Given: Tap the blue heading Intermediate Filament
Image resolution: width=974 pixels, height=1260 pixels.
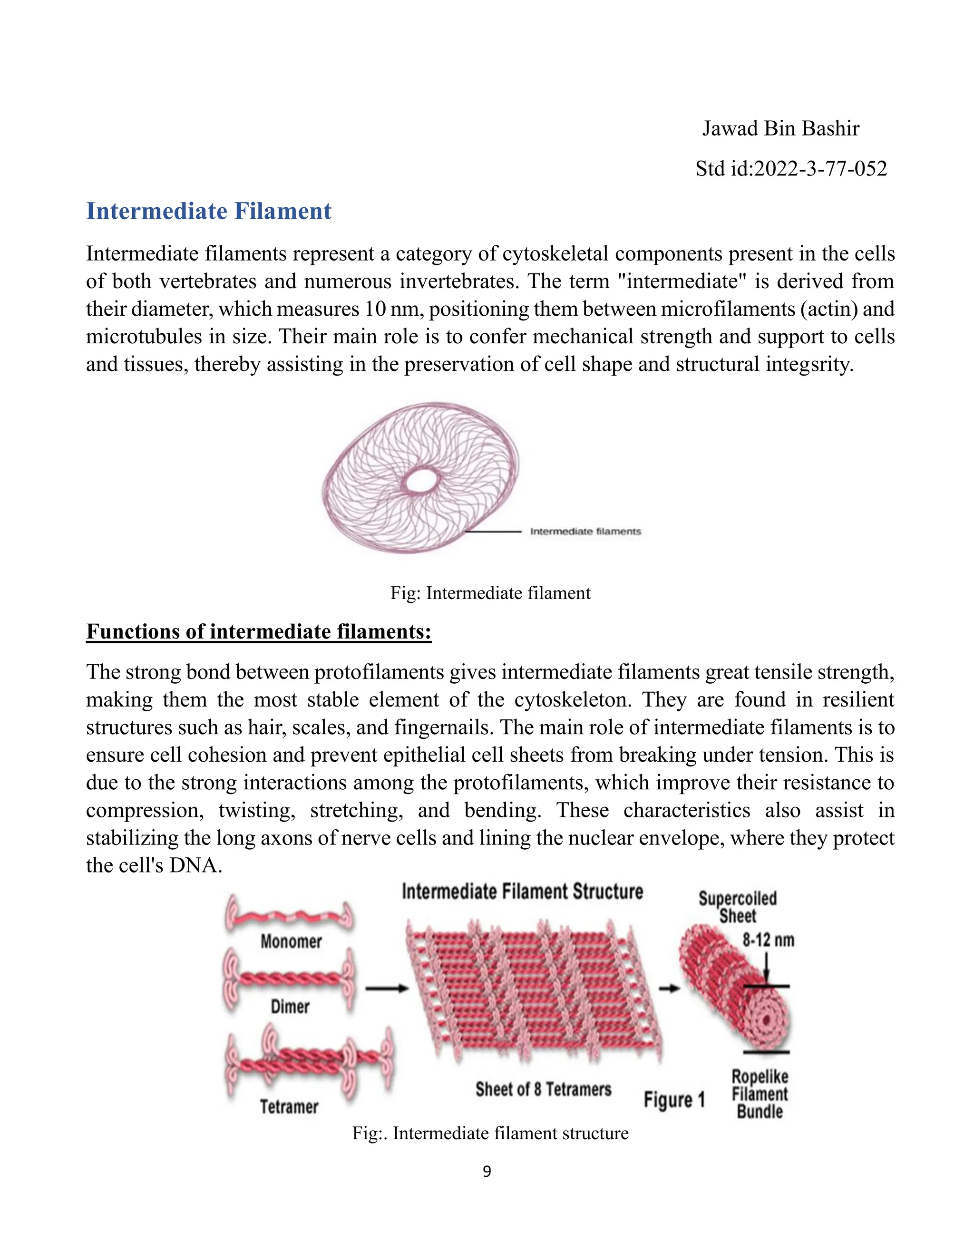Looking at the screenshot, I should pos(209,211).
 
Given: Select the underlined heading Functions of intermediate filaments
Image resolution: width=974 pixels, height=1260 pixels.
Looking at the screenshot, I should pos(259,631).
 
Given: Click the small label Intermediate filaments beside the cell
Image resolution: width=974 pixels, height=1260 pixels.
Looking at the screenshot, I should pos(585,532).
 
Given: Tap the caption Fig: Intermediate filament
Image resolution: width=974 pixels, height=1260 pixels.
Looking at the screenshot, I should pos(490,593).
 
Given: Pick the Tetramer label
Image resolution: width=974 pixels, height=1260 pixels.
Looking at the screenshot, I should pos(289,1106).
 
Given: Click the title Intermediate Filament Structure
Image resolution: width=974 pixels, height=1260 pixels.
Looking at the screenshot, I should pos(522,892).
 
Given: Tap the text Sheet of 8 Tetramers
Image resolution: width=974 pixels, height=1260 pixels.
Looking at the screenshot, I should pos(543,1089).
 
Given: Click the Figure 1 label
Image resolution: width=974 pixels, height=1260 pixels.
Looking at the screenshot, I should pos(674,1100).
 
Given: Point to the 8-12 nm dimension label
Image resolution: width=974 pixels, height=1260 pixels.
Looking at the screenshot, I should pos(768,940).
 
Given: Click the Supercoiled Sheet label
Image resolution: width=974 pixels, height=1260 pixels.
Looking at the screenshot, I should pos(738,907).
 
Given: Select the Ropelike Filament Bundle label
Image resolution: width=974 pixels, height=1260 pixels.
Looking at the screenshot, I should pos(760,1094).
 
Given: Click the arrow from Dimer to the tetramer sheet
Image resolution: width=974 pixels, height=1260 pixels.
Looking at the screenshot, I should pos(387,989).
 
